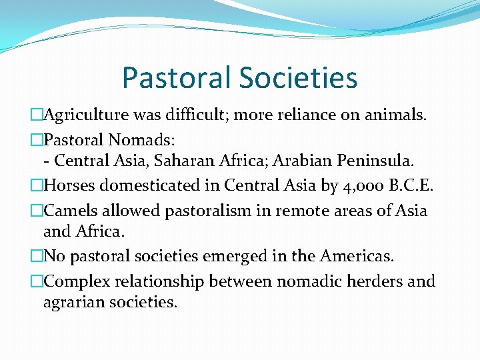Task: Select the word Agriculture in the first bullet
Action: (91, 115)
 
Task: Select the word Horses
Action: (69, 185)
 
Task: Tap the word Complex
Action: (75, 281)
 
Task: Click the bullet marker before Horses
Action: (37, 185)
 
